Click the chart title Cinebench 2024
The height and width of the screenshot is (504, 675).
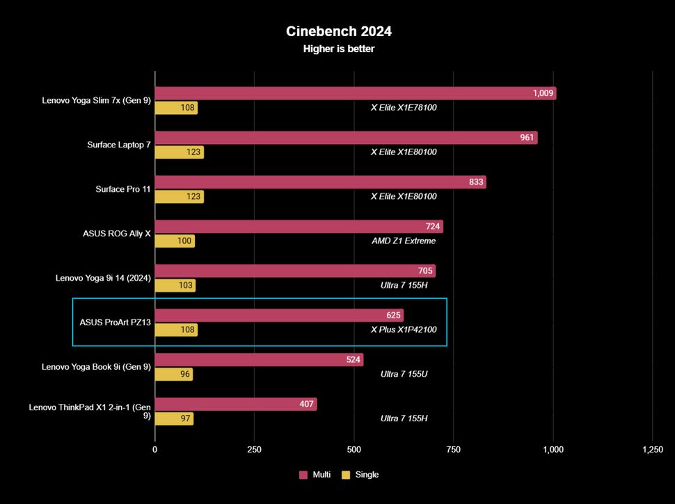tap(339, 31)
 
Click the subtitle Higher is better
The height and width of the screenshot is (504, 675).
tap(339, 49)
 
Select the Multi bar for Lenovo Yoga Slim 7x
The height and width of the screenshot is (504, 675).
tap(355, 93)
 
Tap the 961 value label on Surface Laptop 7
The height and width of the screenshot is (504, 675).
tap(527, 138)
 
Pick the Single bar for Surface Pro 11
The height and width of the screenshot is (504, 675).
tap(179, 197)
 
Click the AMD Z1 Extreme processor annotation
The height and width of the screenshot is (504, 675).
tap(404, 241)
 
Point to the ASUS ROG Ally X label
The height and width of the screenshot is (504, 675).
tap(116, 234)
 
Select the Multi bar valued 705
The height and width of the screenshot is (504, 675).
tap(294, 271)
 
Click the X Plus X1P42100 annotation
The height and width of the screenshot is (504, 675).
tap(404, 330)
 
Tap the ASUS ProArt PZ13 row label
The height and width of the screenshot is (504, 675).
tap(116, 322)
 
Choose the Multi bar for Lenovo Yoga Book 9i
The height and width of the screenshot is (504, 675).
tap(259, 360)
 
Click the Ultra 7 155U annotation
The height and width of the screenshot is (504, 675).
tap(404, 374)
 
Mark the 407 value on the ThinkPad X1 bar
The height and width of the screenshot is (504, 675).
tap(308, 404)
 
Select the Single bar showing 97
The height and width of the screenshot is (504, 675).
tap(174, 418)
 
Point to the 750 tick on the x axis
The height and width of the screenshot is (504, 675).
tap(453, 450)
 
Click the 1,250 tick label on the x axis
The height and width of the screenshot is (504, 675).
tap(652, 450)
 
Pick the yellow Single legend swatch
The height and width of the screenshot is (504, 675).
tap(346, 475)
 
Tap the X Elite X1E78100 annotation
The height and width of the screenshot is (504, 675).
tap(404, 108)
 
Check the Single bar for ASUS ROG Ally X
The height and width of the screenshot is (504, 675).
tap(175, 241)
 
